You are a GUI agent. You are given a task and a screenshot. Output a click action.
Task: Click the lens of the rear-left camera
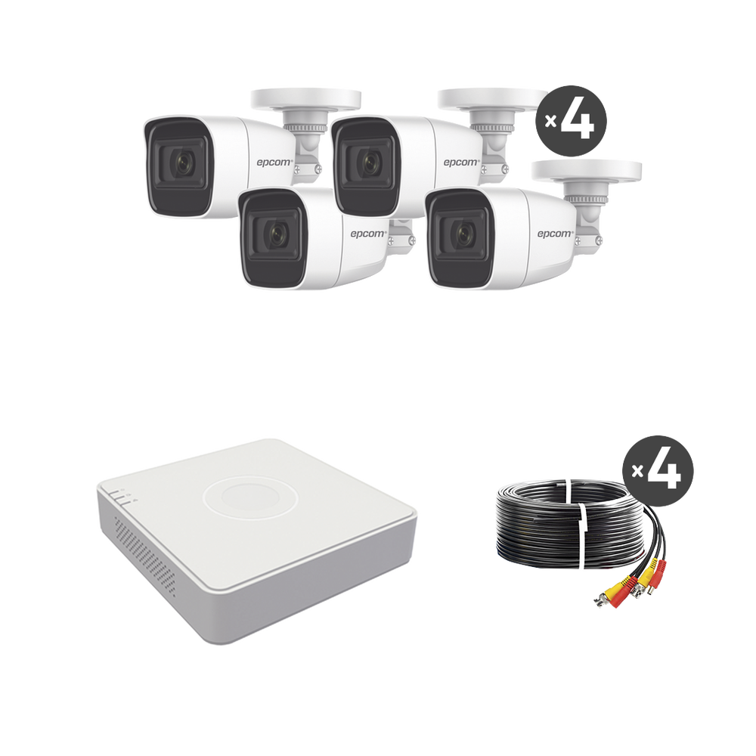(182, 164)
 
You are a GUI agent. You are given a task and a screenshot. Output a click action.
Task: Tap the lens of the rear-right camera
(369, 163)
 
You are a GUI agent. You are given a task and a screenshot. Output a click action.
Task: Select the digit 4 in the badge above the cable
(665, 470)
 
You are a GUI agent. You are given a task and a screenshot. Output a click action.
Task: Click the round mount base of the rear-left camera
(305, 99)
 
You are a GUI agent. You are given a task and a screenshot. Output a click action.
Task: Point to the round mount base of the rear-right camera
(493, 99)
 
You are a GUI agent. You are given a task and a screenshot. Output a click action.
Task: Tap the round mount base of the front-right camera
(587, 171)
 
